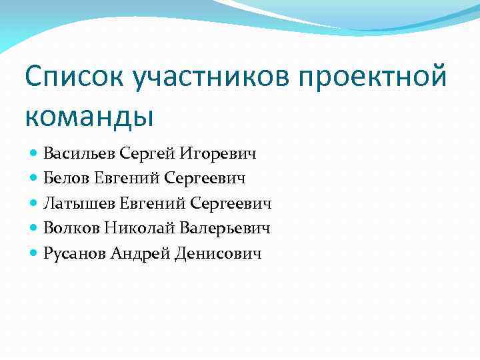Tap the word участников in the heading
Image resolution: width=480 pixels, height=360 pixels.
pos(210,78)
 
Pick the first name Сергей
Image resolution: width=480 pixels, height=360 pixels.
pos(147,153)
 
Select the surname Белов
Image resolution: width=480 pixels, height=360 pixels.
pos(65,178)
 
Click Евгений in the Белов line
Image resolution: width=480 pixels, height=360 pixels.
pos(125,178)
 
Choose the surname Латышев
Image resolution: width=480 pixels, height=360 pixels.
pos(78,203)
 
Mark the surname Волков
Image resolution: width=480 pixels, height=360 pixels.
pos(72,229)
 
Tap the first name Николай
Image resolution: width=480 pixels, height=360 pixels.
pos(140,229)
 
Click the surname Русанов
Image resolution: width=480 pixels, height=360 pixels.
pos(74,253)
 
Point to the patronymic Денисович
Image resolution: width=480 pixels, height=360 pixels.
pos(218,253)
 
